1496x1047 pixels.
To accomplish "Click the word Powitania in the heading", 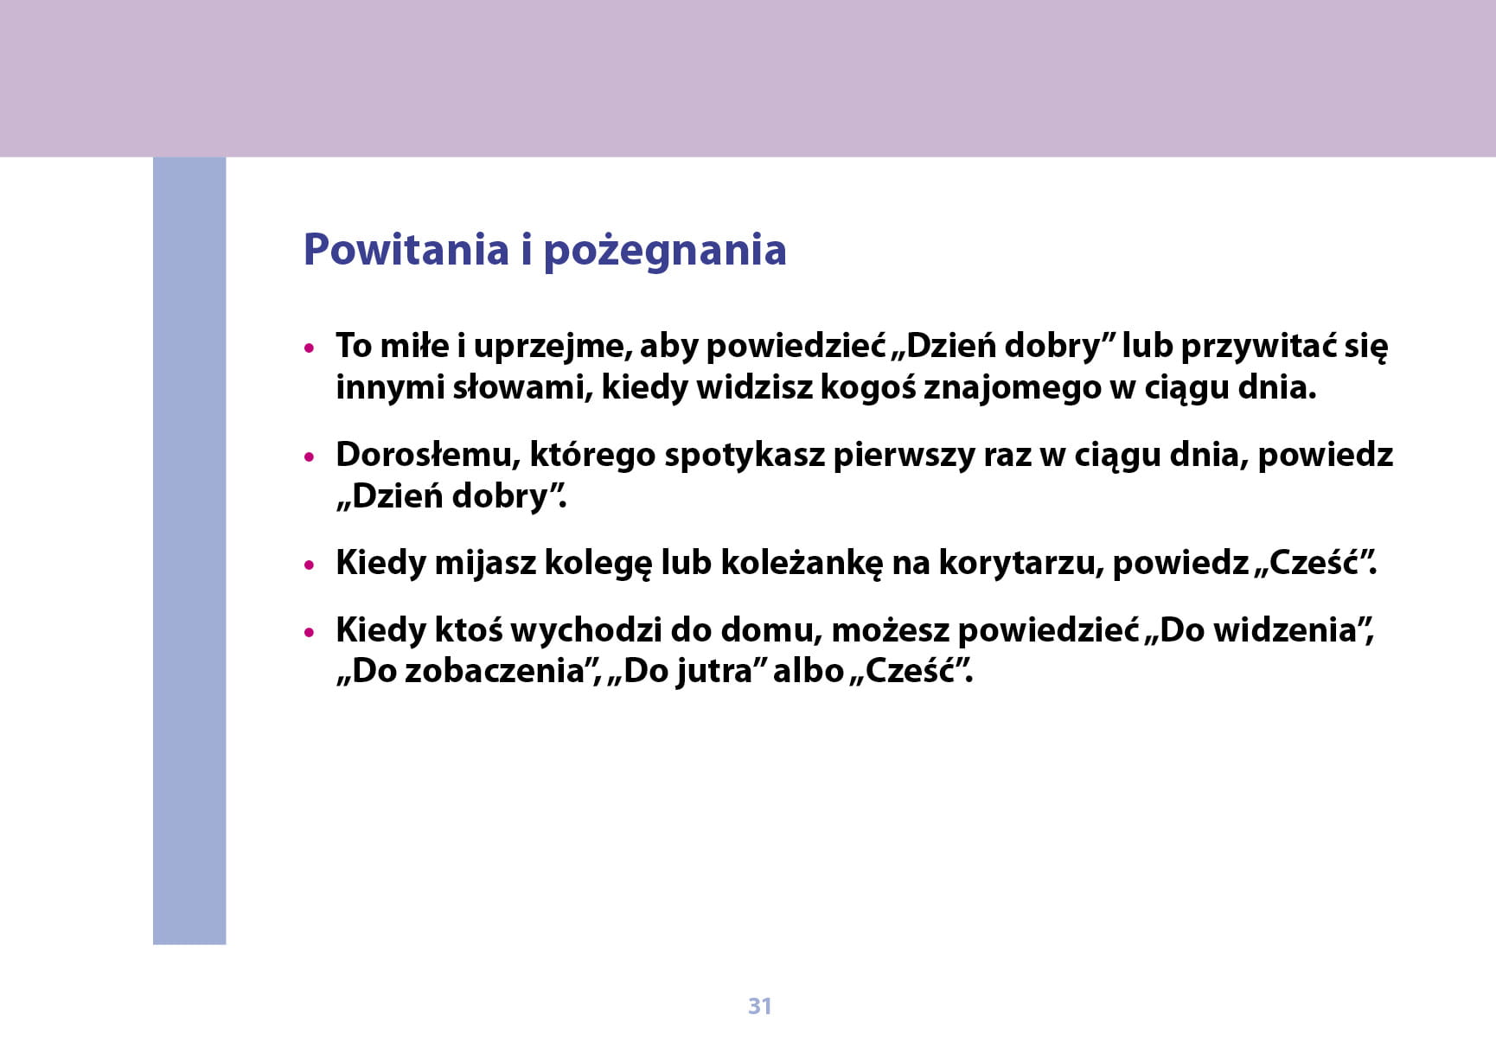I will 406,250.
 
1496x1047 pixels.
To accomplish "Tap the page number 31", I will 759,1006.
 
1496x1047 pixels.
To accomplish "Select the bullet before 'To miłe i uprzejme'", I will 310,348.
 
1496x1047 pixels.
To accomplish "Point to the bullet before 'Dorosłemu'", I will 310,457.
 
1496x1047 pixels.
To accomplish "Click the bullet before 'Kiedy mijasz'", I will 310,565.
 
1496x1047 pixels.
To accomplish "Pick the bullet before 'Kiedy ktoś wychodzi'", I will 310,633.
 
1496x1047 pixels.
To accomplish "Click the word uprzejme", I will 553,347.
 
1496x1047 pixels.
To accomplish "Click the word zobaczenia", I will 495,671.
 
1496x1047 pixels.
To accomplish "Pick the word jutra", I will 713,672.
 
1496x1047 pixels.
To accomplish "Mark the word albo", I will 808,671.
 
